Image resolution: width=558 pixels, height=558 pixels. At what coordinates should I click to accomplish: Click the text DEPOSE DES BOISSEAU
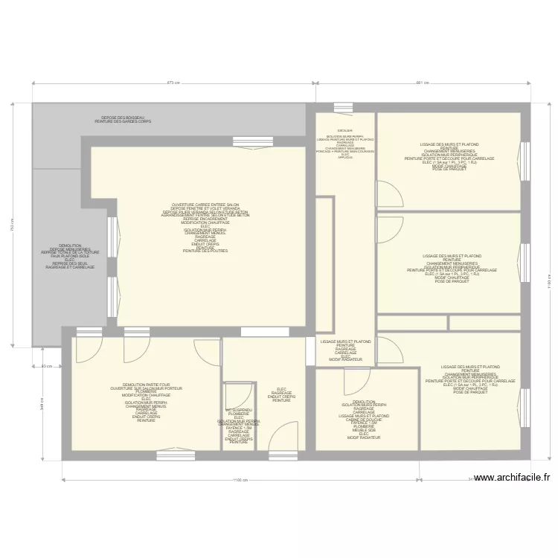123,118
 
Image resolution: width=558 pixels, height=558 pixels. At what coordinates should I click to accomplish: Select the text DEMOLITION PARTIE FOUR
146,385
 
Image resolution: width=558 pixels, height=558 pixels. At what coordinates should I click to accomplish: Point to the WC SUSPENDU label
239,410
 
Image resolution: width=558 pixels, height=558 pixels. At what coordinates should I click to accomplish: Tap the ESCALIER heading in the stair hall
344,130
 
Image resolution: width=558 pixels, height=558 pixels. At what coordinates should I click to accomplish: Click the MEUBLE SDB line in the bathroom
364,429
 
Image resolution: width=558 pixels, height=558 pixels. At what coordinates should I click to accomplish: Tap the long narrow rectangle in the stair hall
324,264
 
